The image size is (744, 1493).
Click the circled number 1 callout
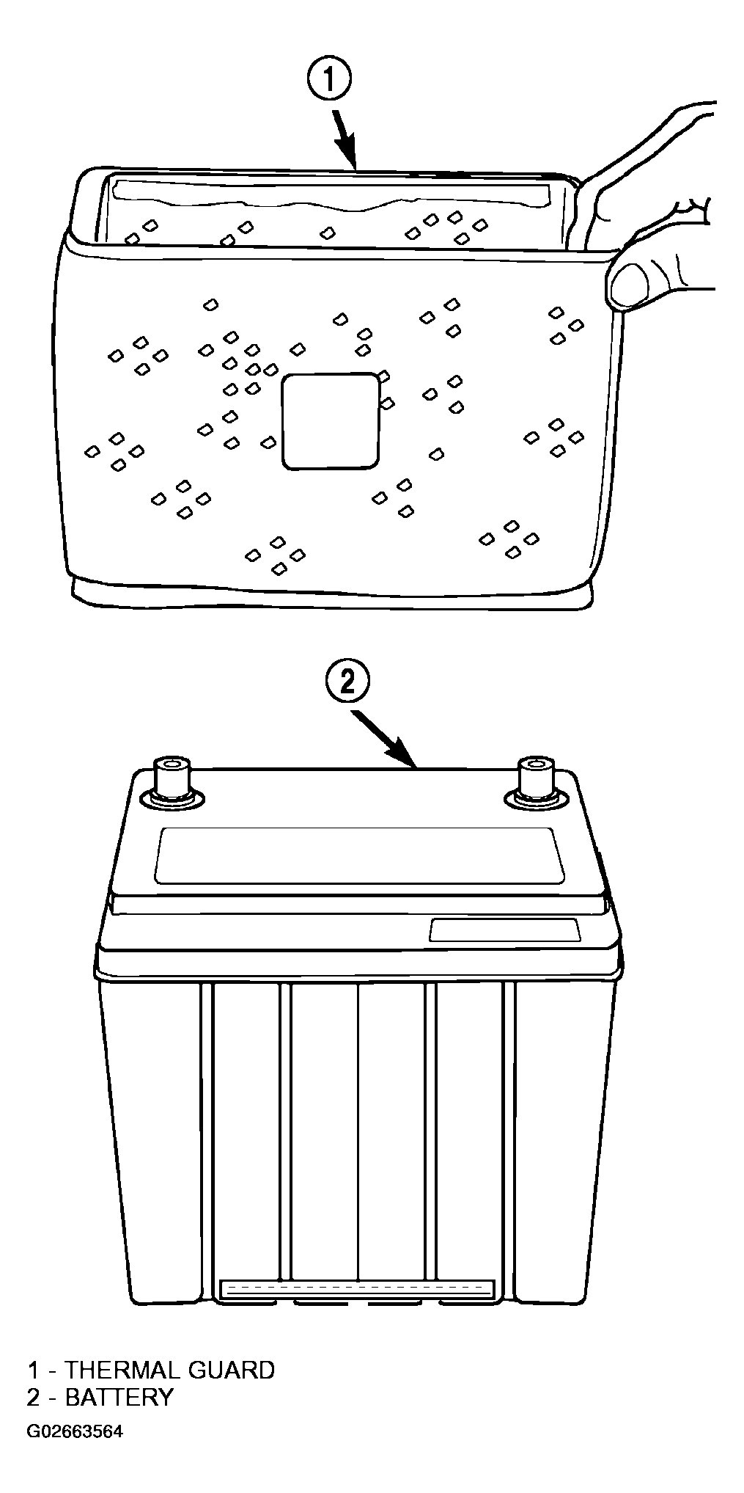tap(329, 82)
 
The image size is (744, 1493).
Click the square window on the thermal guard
tap(331, 420)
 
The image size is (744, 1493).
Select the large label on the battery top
tap(360, 855)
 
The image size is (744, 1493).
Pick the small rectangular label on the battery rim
tap(505, 930)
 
